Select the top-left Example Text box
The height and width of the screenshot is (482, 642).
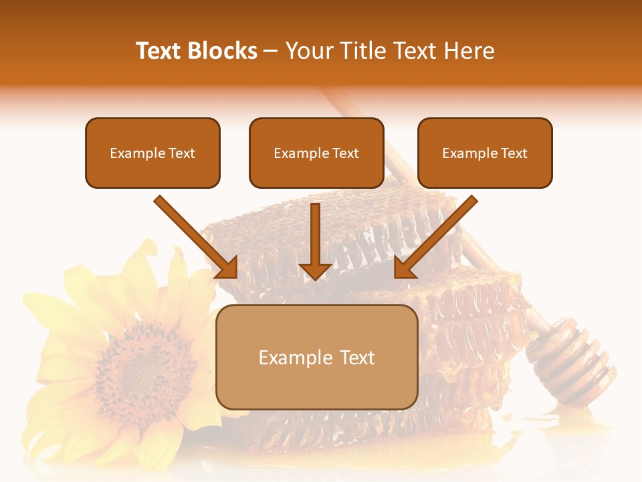[152, 153]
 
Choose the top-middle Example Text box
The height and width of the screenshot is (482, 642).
[316, 153]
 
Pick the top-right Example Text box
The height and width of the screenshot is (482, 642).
[485, 153]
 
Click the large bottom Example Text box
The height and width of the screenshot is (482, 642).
[317, 357]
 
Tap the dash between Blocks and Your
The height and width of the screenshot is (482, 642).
[271, 51]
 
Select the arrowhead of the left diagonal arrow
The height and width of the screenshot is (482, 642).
[227, 267]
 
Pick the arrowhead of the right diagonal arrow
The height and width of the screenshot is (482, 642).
[405, 267]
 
